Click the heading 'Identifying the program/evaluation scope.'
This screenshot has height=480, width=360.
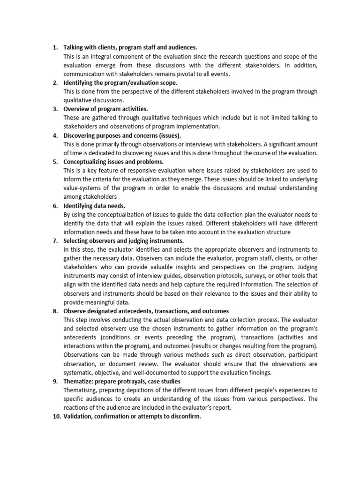(x=120, y=82)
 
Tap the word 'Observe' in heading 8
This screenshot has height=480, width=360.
(x=75, y=310)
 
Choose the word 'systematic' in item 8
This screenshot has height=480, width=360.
(x=79, y=372)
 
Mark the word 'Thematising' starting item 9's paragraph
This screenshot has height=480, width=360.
(x=81, y=390)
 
